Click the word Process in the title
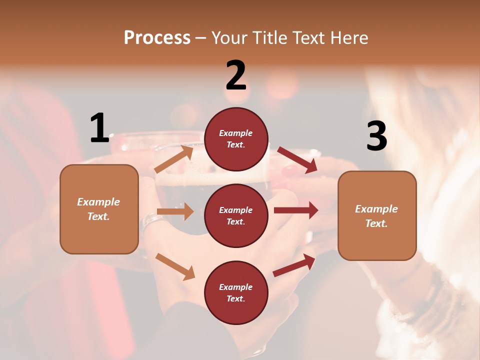pos(157,37)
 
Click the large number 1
pos(99,128)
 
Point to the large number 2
pos(236,75)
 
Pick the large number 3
pos(376,136)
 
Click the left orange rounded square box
pos(99,209)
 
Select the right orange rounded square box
pos(377,215)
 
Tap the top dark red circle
pos(236,139)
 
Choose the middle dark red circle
pos(236,215)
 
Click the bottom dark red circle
pos(236,292)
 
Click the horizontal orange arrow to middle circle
pos(175,211)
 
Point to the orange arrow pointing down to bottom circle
pos(175,266)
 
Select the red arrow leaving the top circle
pos(297,160)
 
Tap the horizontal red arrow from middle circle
pos(296,210)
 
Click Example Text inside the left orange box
pos(98,209)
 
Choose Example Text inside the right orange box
pos(376,216)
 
